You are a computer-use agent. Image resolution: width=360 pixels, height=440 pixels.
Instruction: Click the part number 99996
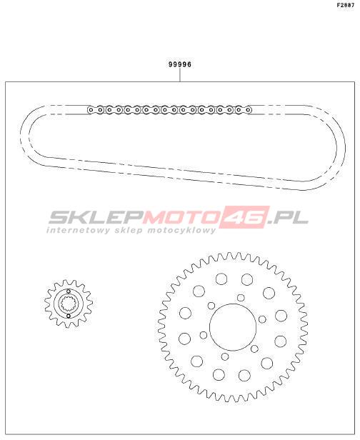click(180, 64)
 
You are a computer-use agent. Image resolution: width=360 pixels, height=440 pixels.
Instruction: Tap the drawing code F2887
click(346, 5)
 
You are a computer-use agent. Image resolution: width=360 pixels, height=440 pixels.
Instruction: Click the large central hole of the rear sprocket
click(233, 327)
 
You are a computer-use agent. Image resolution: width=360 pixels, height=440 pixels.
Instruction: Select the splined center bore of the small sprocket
click(69, 304)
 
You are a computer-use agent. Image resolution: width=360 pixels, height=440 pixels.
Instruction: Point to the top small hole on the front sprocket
click(69, 291)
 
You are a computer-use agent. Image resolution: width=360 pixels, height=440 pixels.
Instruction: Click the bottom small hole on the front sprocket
click(69, 316)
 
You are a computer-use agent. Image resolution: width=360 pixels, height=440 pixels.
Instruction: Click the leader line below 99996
click(180, 75)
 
